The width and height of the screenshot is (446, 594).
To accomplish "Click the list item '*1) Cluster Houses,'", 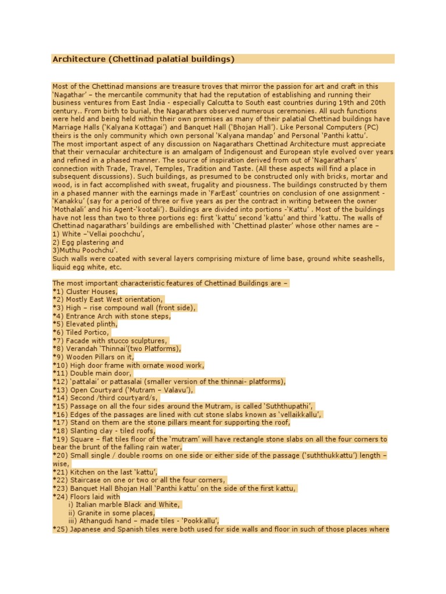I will click(x=85, y=291).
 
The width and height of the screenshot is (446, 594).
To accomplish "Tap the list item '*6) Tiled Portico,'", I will click(x=81, y=332).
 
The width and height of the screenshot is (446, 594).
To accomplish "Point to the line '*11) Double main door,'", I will click(x=89, y=374).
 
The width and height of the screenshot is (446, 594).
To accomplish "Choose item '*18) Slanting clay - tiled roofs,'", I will click(x=105, y=430).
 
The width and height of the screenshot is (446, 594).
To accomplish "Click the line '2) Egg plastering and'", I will click(x=88, y=242).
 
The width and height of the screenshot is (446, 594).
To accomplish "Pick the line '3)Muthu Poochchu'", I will click(x=85, y=250).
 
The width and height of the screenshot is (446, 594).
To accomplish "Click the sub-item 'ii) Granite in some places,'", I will click(x=111, y=513).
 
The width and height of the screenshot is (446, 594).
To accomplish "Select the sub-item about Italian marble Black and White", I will click(x=124, y=505).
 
